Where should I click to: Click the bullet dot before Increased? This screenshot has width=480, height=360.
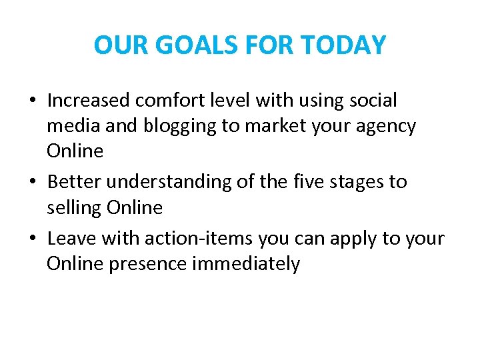click(x=32, y=101)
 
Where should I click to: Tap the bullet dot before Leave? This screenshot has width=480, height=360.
click(x=32, y=239)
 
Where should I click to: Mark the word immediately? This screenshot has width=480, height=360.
click(x=246, y=264)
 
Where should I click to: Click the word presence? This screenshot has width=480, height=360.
click(x=147, y=264)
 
